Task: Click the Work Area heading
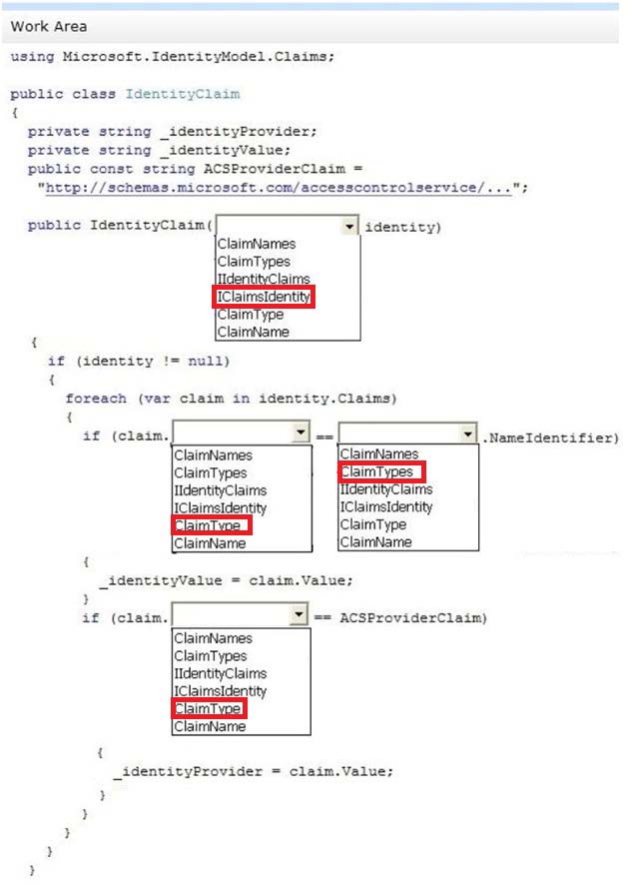pos(49,27)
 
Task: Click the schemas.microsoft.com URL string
pos(279,188)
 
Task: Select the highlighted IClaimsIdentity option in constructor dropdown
pos(264,297)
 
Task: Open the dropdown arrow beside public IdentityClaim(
pos(349,227)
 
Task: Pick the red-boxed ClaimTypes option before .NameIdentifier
pos(376,471)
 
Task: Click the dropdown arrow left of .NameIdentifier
pos(468,434)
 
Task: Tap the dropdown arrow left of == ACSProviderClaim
pos(299,614)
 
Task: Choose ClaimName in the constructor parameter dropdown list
pos(253,332)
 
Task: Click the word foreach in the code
pos(96,399)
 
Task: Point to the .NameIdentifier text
pos(550,438)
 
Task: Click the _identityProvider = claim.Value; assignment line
pos(254,771)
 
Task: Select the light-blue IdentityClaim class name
pos(183,94)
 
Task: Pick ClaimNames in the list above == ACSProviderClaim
pos(213,638)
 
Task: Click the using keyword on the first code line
pos(33,57)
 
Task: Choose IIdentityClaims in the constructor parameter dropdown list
pos(264,279)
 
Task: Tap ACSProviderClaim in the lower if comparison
pos(410,618)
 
